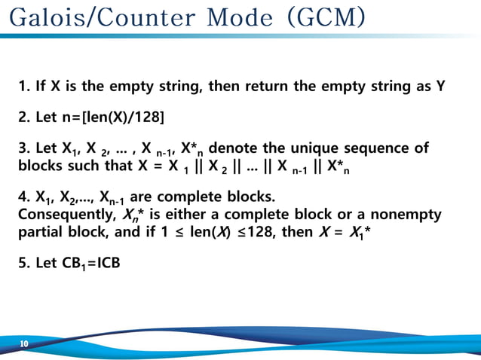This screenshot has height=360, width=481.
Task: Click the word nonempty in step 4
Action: point(408,215)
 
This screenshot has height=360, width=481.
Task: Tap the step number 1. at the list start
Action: point(23,86)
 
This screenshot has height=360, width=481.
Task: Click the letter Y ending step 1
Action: point(440,86)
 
